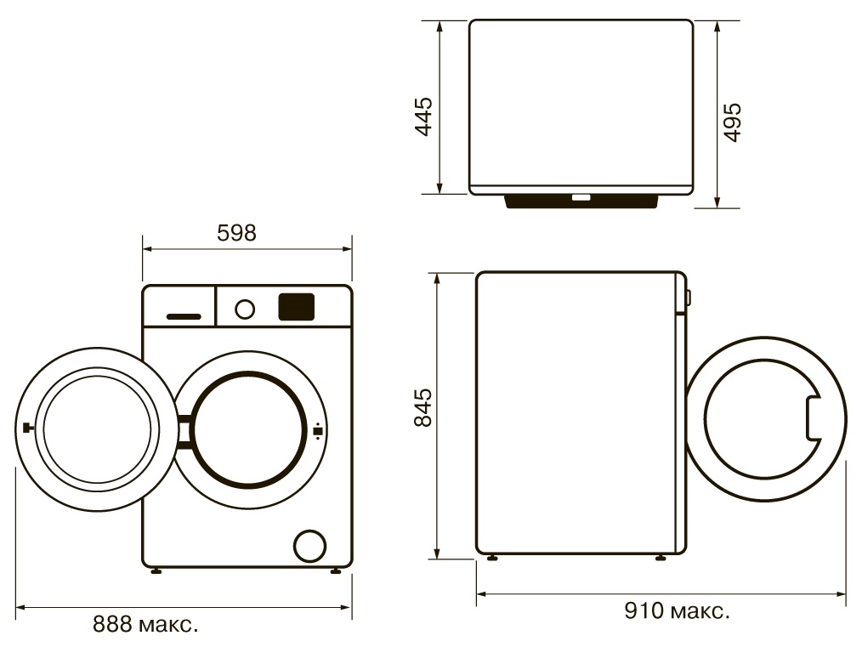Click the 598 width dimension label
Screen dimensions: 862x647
(236, 233)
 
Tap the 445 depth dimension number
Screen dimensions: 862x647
(424, 116)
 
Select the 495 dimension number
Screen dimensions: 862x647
(732, 122)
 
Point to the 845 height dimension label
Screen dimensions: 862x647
(423, 408)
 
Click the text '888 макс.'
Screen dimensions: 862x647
(145, 624)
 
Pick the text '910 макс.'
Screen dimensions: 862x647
(678, 610)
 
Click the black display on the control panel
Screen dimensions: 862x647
(297, 307)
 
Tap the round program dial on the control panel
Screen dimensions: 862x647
(245, 309)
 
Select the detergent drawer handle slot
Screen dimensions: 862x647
(184, 316)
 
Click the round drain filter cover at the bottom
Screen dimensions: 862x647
(310, 546)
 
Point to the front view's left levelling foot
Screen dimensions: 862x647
(156, 571)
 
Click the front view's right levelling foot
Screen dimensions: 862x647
(335, 571)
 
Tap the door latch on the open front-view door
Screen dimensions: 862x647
(26, 428)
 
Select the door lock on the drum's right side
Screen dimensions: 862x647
(317, 432)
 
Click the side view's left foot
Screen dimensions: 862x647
(492, 558)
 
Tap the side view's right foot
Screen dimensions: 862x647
(661, 558)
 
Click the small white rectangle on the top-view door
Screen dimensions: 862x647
(581, 197)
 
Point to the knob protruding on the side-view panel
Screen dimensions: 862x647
(689, 297)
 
